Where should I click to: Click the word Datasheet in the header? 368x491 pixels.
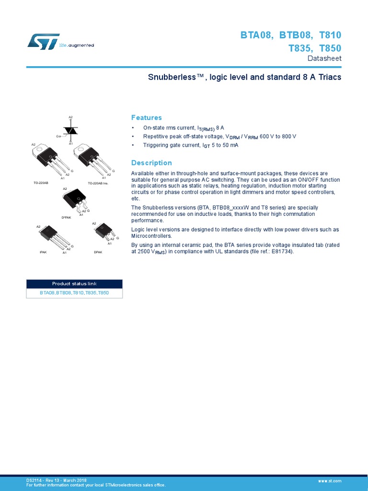click(x=324, y=58)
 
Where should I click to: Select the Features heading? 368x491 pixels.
click(x=146, y=117)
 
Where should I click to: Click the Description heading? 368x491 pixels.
click(x=151, y=163)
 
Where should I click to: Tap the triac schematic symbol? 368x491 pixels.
click(x=71, y=130)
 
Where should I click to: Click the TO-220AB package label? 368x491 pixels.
click(x=41, y=183)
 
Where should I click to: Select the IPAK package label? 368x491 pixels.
click(x=43, y=251)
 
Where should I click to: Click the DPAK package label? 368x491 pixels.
click(x=98, y=251)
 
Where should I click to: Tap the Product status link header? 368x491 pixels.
click(x=74, y=284)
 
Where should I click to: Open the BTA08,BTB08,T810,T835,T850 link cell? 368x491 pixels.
click(x=74, y=292)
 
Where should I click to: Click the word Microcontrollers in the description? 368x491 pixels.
click(x=151, y=236)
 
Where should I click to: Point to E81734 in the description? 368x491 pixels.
click(x=274, y=251)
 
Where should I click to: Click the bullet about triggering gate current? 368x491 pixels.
click(x=190, y=145)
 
